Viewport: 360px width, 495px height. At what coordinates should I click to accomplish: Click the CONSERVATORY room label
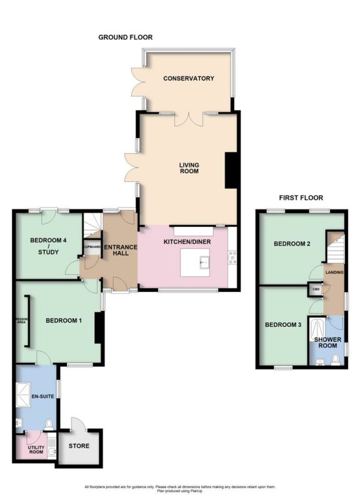(188, 79)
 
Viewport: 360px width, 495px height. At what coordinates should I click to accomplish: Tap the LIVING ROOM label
(189, 168)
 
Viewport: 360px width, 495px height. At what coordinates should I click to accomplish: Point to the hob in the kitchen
(232, 257)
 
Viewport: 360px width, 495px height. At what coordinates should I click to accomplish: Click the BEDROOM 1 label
(63, 321)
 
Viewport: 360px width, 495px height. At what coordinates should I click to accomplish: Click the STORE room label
(79, 446)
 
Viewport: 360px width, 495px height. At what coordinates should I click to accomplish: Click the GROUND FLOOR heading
(125, 37)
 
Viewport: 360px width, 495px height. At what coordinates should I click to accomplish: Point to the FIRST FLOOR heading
(301, 198)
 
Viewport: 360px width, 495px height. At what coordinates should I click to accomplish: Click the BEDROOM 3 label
(282, 324)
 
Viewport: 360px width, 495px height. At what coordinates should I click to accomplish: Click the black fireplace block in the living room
(231, 169)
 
